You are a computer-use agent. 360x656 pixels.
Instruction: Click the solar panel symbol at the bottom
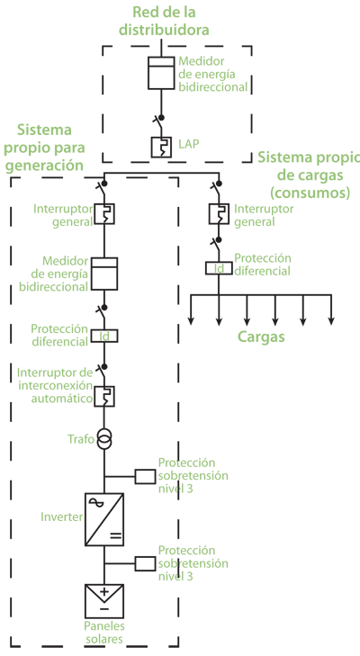tap(104, 601)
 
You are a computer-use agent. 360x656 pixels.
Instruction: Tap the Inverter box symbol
tap(104, 519)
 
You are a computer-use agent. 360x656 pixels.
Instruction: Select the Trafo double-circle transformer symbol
tap(104, 438)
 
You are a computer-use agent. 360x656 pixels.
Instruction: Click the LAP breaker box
tap(161, 147)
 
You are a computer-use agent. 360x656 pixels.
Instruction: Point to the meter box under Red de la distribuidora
tap(161, 73)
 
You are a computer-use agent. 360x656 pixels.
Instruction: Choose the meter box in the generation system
tap(104, 274)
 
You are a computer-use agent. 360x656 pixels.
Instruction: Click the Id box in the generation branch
tap(104, 336)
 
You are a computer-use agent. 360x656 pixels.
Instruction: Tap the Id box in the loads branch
tap(219, 268)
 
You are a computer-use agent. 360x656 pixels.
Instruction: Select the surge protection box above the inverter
tap(145, 476)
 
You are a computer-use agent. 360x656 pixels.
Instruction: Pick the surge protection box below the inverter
tap(145, 563)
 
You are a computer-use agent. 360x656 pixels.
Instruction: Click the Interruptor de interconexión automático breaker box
tap(104, 397)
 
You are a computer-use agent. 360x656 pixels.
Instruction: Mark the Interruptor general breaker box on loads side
tap(219, 213)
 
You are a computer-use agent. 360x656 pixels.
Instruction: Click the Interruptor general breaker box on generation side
tap(104, 214)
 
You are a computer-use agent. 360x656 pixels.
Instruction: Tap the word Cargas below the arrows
tap(261, 337)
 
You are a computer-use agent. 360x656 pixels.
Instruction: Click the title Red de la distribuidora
tap(164, 21)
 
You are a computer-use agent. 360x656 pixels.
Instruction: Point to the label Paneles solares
tap(103, 633)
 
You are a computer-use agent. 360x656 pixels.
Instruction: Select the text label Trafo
tap(81, 439)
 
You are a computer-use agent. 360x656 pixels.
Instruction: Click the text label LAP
tap(189, 144)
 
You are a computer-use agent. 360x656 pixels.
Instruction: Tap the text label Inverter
tap(62, 517)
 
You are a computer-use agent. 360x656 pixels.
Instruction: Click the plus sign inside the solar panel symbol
tap(104, 591)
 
